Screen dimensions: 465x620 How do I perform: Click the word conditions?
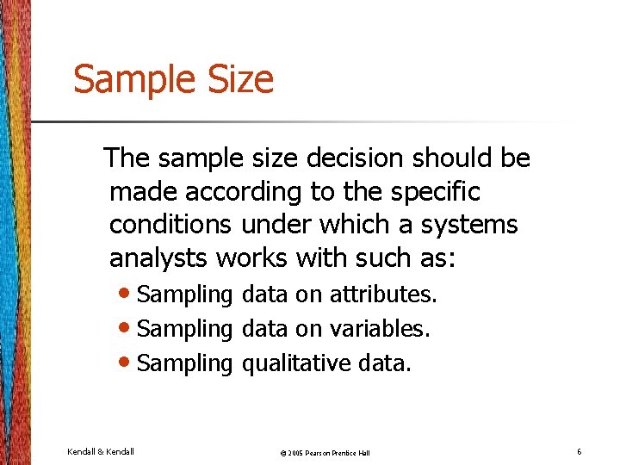[x=170, y=225]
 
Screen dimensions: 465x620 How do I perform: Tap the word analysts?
[x=159, y=257]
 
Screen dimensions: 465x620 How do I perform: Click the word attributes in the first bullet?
[x=383, y=294]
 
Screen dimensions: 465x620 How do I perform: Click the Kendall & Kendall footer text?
[x=101, y=451]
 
